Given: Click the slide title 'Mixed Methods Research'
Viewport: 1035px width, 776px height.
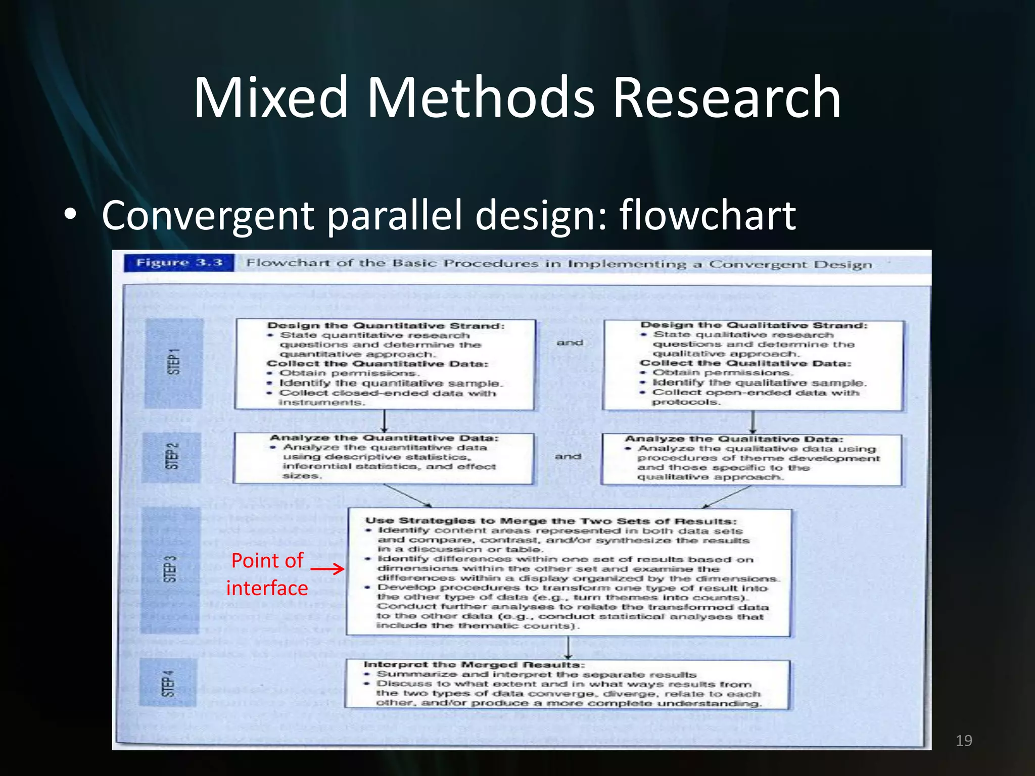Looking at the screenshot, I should pyautogui.click(x=517, y=97).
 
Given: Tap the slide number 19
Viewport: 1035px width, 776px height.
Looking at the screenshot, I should pyautogui.click(x=964, y=741).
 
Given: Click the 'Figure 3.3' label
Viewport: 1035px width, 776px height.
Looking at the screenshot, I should pyautogui.click(x=179, y=263).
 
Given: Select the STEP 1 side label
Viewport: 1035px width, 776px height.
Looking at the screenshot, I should pyautogui.click(x=173, y=362).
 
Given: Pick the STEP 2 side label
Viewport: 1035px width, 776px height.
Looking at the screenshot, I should pyautogui.click(x=172, y=456).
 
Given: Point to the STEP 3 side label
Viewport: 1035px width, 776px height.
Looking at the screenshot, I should pyautogui.click(x=170, y=569).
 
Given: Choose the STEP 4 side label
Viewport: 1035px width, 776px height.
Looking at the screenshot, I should pyautogui.click(x=168, y=683).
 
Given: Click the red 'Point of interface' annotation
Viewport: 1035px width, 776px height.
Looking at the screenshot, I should pyautogui.click(x=267, y=574).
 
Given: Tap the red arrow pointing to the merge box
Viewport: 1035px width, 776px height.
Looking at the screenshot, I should pyautogui.click(x=327, y=569).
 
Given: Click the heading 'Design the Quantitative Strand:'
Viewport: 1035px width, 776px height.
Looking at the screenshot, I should pyautogui.click(x=386, y=326).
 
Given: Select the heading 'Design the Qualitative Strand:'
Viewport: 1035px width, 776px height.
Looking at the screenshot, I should pyautogui.click(x=754, y=325).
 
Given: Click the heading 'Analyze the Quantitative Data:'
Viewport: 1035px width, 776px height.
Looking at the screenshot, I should pyautogui.click(x=384, y=438).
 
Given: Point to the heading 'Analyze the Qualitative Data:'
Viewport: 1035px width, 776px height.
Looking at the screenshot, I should pyautogui.click(x=734, y=439).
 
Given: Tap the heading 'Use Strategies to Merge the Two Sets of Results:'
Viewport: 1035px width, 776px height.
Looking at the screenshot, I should pyautogui.click(x=551, y=521).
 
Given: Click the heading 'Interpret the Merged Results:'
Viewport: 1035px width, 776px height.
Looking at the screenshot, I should pyautogui.click(x=474, y=665).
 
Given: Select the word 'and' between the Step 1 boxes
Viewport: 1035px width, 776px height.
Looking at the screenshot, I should pyautogui.click(x=570, y=343).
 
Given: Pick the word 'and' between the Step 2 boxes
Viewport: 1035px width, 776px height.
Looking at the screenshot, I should pyautogui.click(x=568, y=457).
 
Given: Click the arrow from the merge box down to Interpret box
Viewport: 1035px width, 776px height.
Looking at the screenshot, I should pyautogui.click(x=568, y=648).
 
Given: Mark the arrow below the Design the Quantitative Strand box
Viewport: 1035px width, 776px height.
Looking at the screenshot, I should pyautogui.click(x=384, y=421).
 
